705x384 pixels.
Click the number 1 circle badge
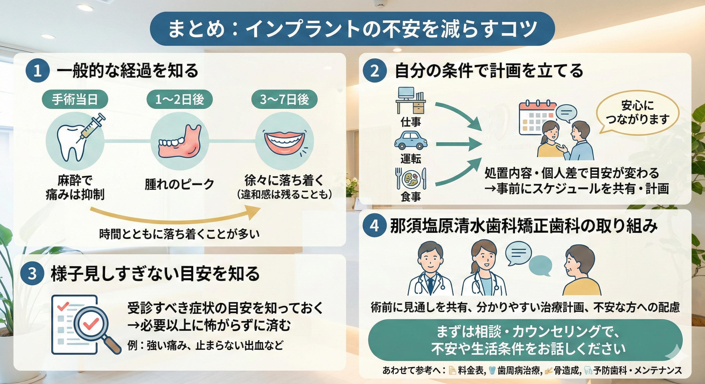(38, 71)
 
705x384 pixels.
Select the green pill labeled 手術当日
(75, 99)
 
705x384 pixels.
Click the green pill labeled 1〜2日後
(180, 99)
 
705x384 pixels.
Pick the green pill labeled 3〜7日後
(284, 99)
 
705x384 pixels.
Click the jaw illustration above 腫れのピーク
(180, 144)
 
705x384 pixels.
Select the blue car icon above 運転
(411, 140)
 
